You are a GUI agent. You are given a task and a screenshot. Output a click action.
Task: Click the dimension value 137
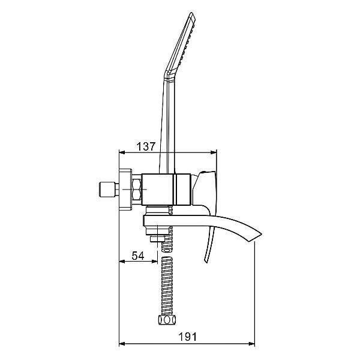(x=146, y=146)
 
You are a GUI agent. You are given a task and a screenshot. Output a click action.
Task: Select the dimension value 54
(x=138, y=256)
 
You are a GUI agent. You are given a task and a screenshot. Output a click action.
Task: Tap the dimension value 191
(x=188, y=337)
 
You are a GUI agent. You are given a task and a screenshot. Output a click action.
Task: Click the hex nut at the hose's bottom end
(x=167, y=320)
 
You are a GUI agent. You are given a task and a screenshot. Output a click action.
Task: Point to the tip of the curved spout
(x=261, y=235)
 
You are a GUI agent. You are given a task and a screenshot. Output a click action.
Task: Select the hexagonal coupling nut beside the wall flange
(x=137, y=190)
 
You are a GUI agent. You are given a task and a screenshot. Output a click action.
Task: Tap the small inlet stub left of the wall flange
(x=109, y=190)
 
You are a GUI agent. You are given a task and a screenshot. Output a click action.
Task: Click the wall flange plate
(x=125, y=190)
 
